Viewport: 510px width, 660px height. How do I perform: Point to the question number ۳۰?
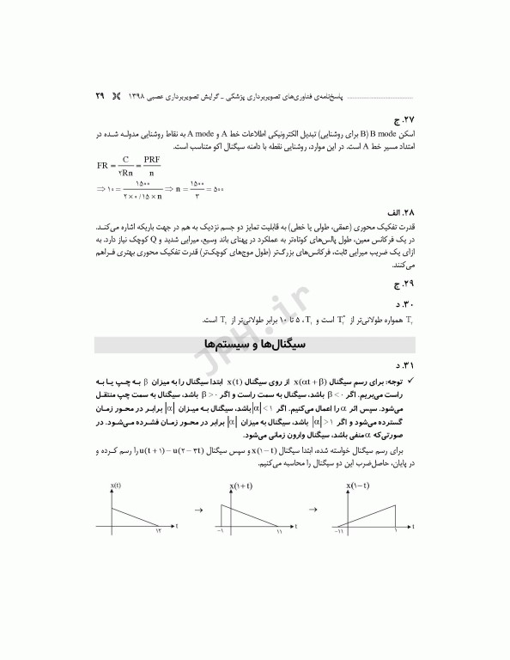[398, 303]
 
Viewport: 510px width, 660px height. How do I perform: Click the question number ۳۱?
[398, 365]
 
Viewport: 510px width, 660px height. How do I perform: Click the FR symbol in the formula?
[106, 165]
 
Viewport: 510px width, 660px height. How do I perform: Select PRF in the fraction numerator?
[152, 160]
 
